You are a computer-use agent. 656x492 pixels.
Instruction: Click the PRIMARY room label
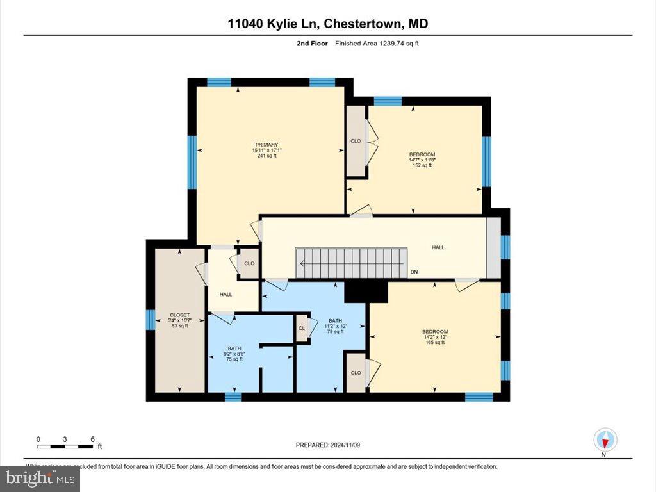(x=266, y=145)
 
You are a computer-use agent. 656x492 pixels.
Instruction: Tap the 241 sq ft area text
(x=266, y=156)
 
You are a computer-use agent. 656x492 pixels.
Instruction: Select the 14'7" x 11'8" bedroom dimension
(x=422, y=160)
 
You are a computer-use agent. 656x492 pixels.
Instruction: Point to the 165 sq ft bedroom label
(x=435, y=343)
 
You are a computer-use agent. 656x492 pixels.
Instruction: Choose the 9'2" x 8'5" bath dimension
(x=234, y=354)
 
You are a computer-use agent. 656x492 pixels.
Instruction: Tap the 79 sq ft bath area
(x=336, y=332)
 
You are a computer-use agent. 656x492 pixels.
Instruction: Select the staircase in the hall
(x=351, y=263)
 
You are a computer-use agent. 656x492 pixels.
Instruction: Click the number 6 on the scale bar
(x=93, y=439)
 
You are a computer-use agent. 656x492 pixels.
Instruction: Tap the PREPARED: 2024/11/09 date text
(x=332, y=445)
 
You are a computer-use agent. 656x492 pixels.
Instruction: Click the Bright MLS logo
(x=40, y=478)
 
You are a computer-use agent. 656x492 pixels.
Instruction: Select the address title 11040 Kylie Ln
(x=274, y=24)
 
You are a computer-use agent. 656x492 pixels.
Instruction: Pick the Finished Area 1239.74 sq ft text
(x=377, y=44)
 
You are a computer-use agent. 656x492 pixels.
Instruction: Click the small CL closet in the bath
(x=301, y=328)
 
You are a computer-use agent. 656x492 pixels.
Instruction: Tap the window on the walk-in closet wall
(x=151, y=319)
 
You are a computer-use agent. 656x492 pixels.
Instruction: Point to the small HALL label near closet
(x=225, y=295)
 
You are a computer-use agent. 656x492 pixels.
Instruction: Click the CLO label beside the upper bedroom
(x=356, y=141)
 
